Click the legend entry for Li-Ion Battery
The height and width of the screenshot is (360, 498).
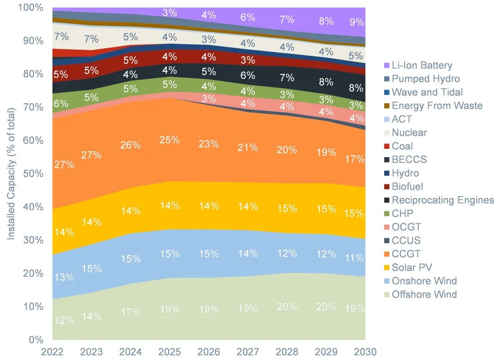pos(422,65)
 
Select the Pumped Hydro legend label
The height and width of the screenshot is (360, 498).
pos(426,79)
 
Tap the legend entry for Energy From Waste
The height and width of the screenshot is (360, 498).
pos(437,106)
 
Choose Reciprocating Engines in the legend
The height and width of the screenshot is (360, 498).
pos(443,200)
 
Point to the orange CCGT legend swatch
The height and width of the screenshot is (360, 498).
pos(386,254)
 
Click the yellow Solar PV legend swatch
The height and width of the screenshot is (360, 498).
pos(386,268)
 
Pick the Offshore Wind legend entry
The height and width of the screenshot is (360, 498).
pos(424,294)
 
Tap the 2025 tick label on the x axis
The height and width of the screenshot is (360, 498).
pos(170,352)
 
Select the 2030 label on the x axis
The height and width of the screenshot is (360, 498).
pos(365,352)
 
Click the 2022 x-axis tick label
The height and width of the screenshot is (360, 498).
pos(53,352)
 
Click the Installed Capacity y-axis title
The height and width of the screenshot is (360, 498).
pos(11,174)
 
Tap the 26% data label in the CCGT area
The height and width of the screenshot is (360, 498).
pos(131,145)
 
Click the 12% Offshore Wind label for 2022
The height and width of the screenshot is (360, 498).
pos(64,320)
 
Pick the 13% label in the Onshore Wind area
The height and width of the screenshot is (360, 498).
pos(64,277)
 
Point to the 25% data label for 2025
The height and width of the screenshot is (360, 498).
pos(170,140)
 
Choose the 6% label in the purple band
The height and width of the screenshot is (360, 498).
pos(248,17)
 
